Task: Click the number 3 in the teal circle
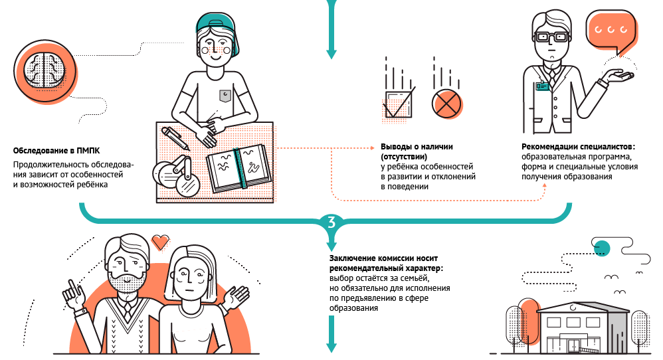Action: [x=331, y=221]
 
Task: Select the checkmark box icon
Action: [x=398, y=104]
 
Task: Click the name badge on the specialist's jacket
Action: [x=544, y=85]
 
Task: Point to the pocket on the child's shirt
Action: [x=225, y=96]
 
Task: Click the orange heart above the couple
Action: [x=159, y=242]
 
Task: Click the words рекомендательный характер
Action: [x=386, y=268]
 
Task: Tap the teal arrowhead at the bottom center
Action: [x=331, y=347]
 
